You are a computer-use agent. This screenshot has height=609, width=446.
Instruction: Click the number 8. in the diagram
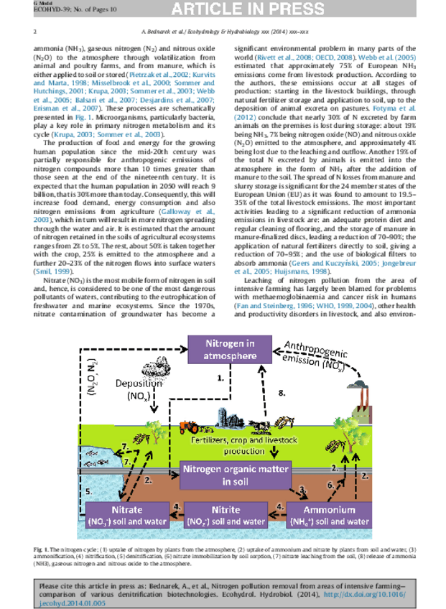[x=282, y=393]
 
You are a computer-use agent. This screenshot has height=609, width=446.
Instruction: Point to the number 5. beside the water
[x=88, y=493]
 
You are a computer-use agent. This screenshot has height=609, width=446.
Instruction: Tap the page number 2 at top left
[x=35, y=32]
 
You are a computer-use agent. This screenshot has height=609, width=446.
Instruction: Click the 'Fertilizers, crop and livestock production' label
[x=233, y=446]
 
